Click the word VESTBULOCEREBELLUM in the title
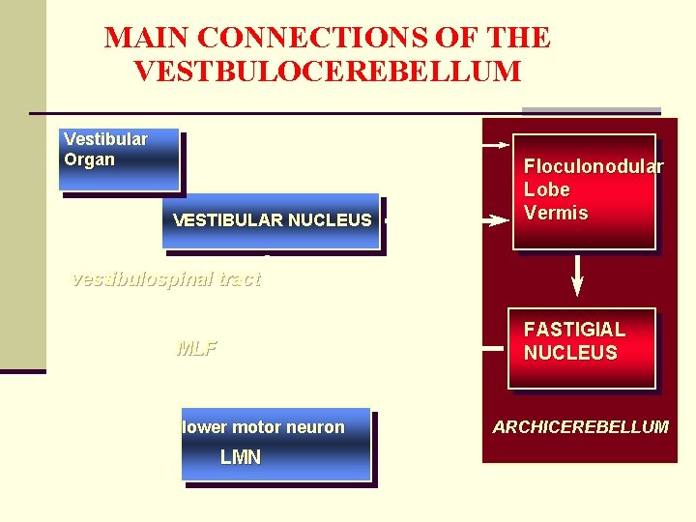pos(328,72)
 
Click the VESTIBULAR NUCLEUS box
pos(272,220)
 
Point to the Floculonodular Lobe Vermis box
pos(584,190)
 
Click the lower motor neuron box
pos(275,446)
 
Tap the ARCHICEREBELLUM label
pos(580,426)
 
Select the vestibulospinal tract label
pos(166,280)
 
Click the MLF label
pos(196,349)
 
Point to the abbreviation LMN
pos(241,457)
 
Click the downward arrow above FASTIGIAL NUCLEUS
pos(578,275)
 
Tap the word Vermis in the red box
pos(556,213)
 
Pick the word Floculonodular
pos(594,166)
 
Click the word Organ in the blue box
pos(89,159)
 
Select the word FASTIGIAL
pos(574,330)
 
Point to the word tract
pos(239,280)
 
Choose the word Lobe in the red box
pos(546,189)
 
